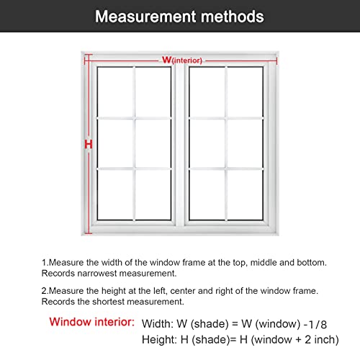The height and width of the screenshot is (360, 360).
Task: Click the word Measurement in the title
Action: pyautogui.click(x=143, y=16)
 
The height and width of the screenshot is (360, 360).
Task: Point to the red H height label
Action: pyautogui.click(x=89, y=144)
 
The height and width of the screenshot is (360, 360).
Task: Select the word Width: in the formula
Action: pyautogui.click(x=156, y=323)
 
